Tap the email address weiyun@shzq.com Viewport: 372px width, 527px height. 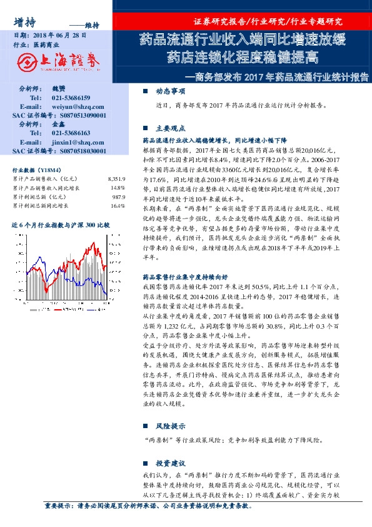(x=73, y=107)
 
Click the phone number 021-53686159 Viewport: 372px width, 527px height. (x=71, y=98)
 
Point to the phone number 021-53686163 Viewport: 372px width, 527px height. (x=71, y=133)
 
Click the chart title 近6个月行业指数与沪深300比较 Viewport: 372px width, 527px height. (x=61, y=224)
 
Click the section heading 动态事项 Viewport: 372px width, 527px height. (x=169, y=91)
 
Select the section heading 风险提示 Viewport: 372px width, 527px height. (x=169, y=426)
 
